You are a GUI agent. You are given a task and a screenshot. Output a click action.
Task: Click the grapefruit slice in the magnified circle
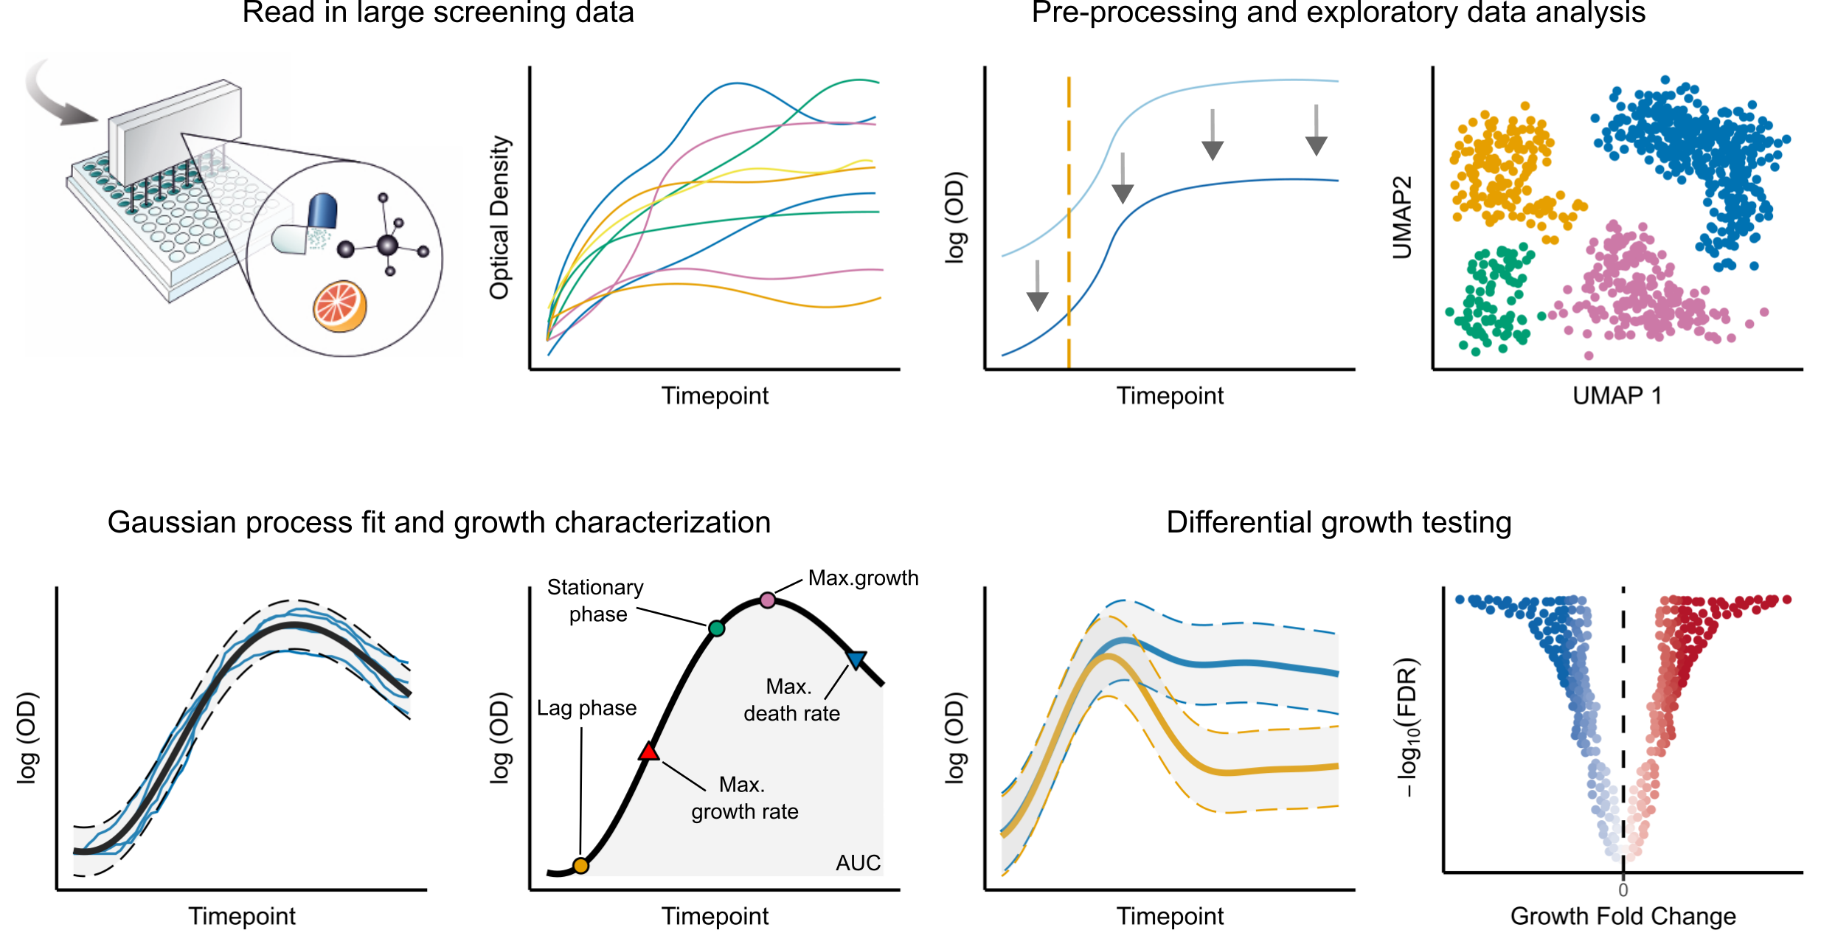(340, 306)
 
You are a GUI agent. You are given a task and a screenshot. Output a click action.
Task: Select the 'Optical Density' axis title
(500, 218)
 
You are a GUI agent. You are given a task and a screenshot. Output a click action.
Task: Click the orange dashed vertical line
(1069, 221)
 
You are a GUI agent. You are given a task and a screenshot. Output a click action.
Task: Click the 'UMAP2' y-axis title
(1402, 218)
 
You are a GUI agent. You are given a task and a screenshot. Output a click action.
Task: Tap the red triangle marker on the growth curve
(648, 752)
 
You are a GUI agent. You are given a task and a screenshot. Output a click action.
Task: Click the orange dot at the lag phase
(580, 866)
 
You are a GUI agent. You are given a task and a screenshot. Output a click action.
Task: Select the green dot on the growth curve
(716, 628)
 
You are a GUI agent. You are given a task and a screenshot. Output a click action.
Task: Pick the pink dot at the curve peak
(768, 600)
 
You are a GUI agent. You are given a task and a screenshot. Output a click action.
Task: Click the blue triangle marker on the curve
(856, 659)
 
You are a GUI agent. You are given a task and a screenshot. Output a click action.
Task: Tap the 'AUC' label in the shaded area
(858, 863)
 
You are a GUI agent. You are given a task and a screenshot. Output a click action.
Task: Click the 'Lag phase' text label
(586, 708)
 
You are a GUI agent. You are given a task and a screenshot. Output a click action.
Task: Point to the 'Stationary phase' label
(596, 600)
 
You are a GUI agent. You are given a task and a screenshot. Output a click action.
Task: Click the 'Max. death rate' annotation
(791, 700)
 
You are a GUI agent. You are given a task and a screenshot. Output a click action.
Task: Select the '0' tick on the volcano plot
(1623, 890)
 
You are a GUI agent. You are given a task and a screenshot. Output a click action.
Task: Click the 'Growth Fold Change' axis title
(1623, 916)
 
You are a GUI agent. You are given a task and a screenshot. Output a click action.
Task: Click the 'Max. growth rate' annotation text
(744, 797)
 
